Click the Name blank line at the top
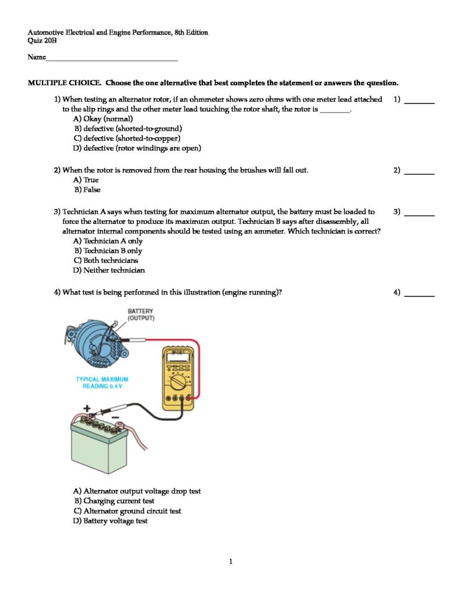click(111, 59)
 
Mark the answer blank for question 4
click(419, 296)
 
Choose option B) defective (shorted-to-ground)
click(128, 128)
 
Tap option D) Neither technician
click(108, 271)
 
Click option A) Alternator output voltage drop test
click(136, 491)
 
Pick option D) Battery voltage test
click(110, 521)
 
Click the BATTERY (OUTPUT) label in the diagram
click(140, 315)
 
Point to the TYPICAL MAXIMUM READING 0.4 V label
click(102, 383)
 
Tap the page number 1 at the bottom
click(231, 562)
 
